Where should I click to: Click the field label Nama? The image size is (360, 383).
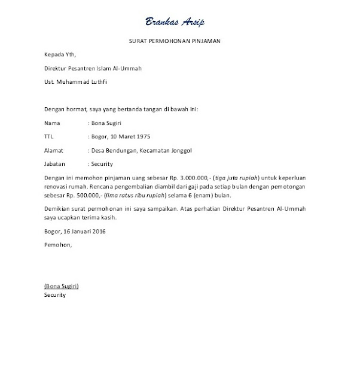click(52, 123)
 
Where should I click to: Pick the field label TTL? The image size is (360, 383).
click(49, 136)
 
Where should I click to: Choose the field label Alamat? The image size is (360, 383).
click(54, 150)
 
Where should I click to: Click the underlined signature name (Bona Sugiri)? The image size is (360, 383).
click(62, 286)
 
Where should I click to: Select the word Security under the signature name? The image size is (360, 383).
click(55, 295)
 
